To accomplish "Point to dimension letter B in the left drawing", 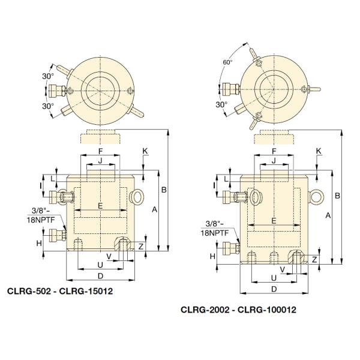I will (163, 191).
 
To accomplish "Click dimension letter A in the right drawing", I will (327, 214).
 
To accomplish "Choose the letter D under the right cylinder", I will (274, 289).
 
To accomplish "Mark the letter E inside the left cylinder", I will (100, 206).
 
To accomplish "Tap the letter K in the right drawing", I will (318, 151).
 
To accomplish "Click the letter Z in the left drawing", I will (141, 246).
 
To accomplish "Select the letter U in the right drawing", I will (274, 278).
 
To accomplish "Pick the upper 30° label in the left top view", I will (49, 76).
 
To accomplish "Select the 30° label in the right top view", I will (222, 104).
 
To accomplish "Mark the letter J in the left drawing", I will (100, 160).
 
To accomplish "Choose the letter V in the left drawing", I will (109, 255).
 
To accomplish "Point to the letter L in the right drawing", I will (226, 179).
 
